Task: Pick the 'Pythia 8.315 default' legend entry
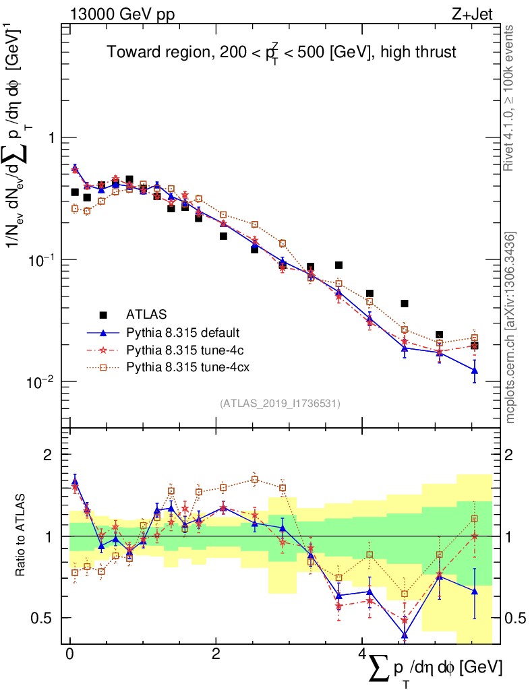[x=183, y=332]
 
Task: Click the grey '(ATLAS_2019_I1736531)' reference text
[x=280, y=404]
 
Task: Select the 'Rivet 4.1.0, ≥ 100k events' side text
[x=510, y=98]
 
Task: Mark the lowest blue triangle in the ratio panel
[x=405, y=635]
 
